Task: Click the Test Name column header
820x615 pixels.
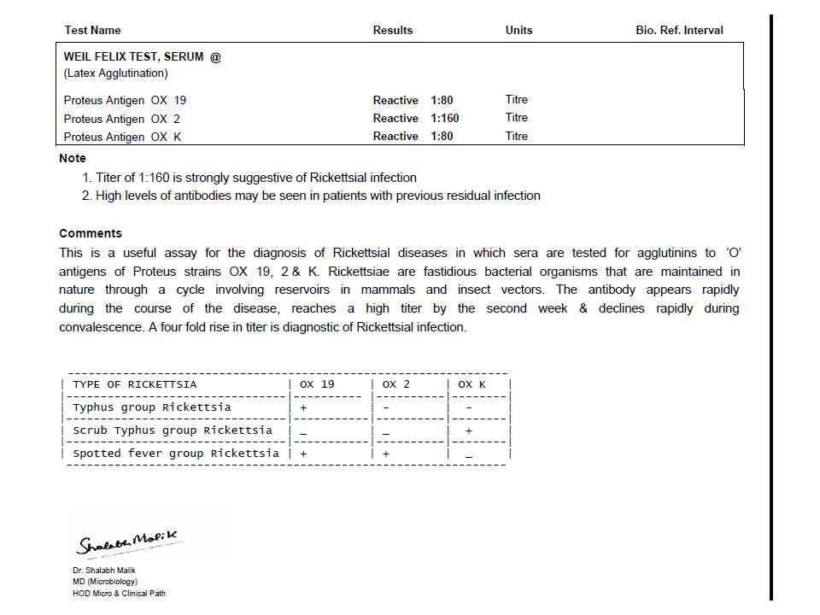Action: [x=92, y=30]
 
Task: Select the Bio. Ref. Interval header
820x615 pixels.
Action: [x=679, y=30]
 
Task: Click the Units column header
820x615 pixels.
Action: [x=518, y=30]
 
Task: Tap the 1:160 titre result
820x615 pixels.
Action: [x=444, y=119]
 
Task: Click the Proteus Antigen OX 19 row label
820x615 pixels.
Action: [x=125, y=100]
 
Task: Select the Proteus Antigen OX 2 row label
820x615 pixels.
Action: [x=122, y=119]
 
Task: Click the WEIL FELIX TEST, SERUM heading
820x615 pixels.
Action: [x=142, y=56]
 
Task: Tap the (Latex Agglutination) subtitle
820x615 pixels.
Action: [x=115, y=73]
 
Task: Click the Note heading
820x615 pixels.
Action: [x=73, y=158]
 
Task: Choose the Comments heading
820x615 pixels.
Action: [x=91, y=233]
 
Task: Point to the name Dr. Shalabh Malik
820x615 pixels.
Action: [x=103, y=570]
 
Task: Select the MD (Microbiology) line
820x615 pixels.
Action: [x=104, y=582]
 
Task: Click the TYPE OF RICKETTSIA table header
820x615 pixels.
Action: [x=134, y=384]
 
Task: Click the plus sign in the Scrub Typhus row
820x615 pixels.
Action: [x=468, y=431]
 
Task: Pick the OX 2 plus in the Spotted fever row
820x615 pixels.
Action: [x=386, y=454]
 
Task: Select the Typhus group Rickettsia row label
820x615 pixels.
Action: [x=152, y=407]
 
